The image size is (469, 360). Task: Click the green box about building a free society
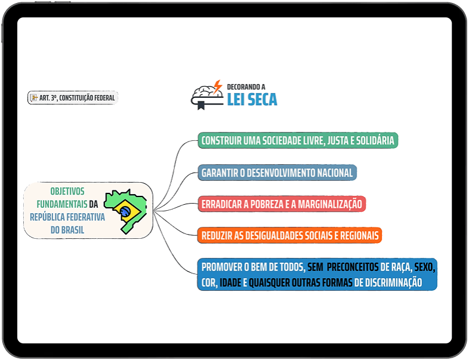298,140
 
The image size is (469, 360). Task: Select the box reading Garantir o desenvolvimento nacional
277,173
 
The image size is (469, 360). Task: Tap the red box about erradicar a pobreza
282,204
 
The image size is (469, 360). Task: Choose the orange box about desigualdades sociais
290,235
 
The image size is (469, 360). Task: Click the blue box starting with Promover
317,275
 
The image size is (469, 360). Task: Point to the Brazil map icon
125,211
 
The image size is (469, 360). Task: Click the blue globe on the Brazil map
125,211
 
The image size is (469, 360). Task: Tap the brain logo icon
207,95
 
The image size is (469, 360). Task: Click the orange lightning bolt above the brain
218,87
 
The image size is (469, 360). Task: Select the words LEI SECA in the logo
252,100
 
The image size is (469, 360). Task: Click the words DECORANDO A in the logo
246,87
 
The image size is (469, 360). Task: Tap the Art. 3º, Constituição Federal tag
73,98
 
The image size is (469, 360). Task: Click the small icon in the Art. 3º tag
34,97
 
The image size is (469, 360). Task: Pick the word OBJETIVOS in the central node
67,191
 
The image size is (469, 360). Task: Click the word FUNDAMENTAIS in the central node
62,204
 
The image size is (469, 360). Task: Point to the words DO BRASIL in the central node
67,230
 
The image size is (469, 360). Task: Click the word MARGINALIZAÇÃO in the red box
330,204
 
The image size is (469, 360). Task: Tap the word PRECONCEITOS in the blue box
353,267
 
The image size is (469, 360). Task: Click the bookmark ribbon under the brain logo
201,105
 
